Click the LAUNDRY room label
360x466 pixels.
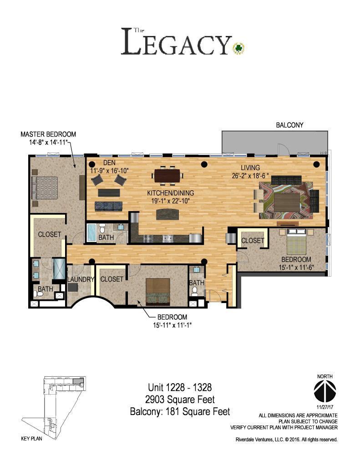(x=80, y=279)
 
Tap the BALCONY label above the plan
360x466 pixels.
(x=289, y=125)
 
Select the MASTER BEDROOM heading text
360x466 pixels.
(x=48, y=134)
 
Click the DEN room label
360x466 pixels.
(x=109, y=163)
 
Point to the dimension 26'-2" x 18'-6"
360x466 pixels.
(x=250, y=176)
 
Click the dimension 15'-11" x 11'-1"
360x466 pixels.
(x=172, y=325)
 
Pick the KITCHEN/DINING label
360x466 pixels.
(x=170, y=193)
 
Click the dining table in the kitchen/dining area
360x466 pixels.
(x=167, y=175)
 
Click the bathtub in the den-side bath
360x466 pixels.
(x=91, y=233)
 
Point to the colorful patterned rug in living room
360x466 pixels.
(x=286, y=200)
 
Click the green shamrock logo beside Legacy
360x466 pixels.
(x=239, y=47)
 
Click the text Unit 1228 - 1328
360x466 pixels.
(x=180, y=387)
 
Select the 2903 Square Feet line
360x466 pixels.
(x=180, y=400)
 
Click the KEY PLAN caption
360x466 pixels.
(x=31, y=439)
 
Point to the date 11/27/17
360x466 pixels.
(x=325, y=406)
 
